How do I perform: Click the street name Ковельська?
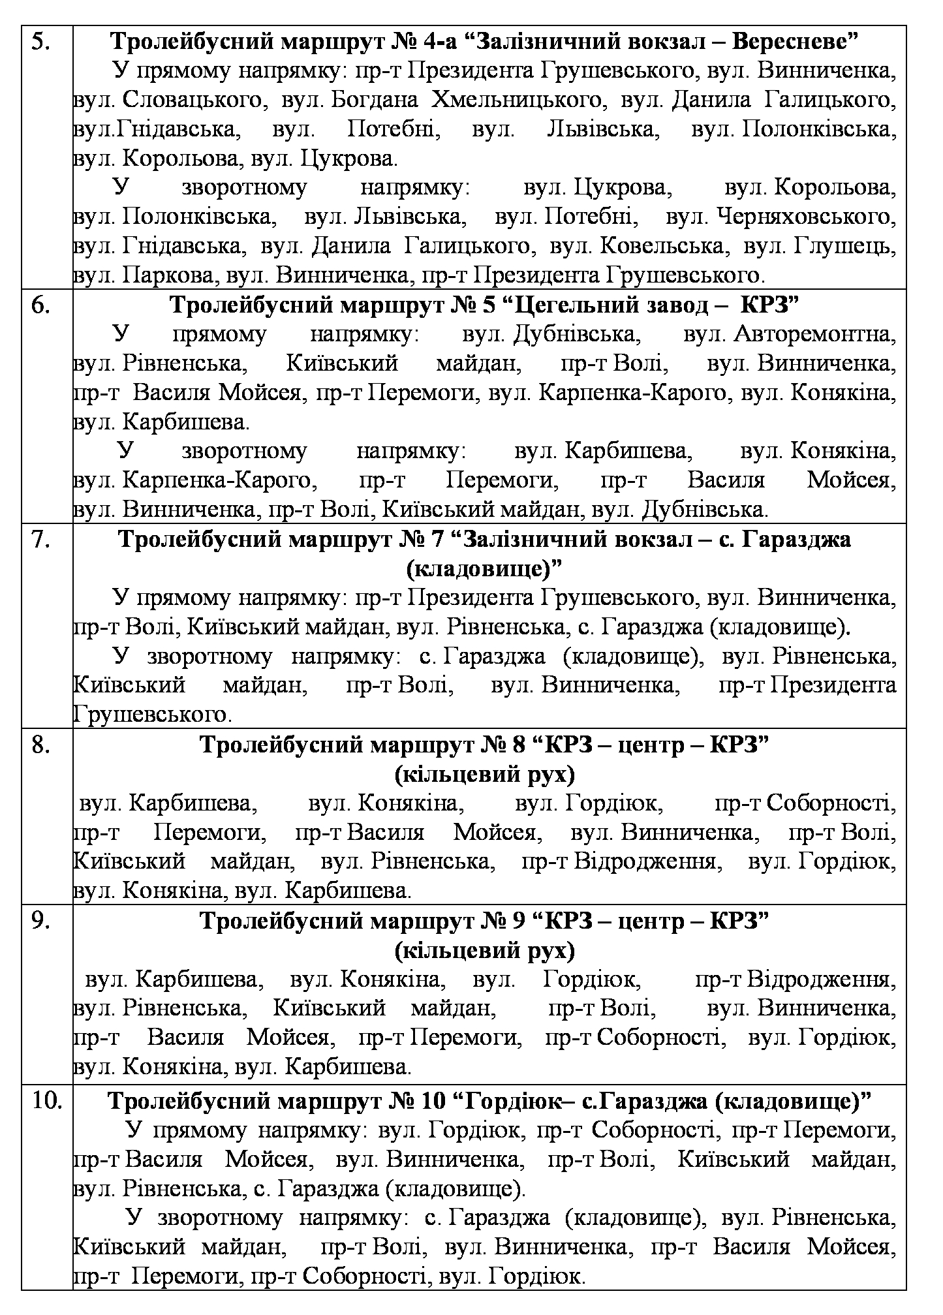tap(661, 247)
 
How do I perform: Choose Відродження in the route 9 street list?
tap(820, 980)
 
